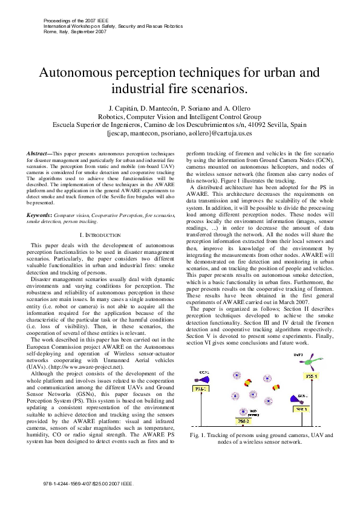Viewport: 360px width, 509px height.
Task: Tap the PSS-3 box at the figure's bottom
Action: tap(243, 420)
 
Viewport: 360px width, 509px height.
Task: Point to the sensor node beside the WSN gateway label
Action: tap(244, 411)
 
